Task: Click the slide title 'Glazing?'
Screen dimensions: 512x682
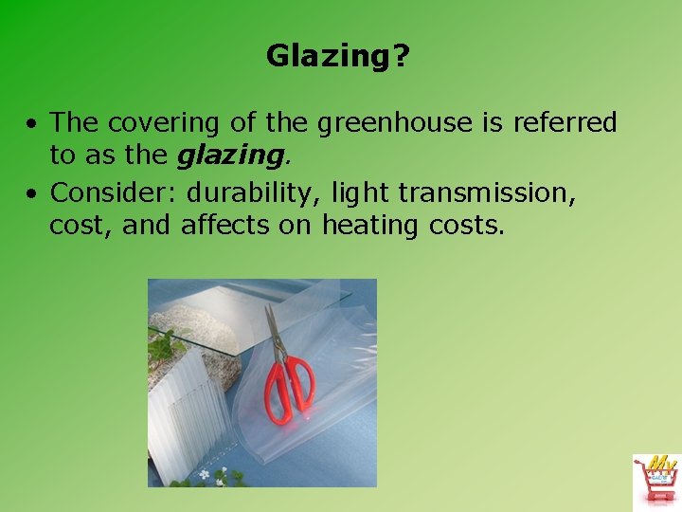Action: point(338,57)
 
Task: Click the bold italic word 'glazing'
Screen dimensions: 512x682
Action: point(230,155)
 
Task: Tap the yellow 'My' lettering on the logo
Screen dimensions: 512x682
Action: point(663,464)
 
